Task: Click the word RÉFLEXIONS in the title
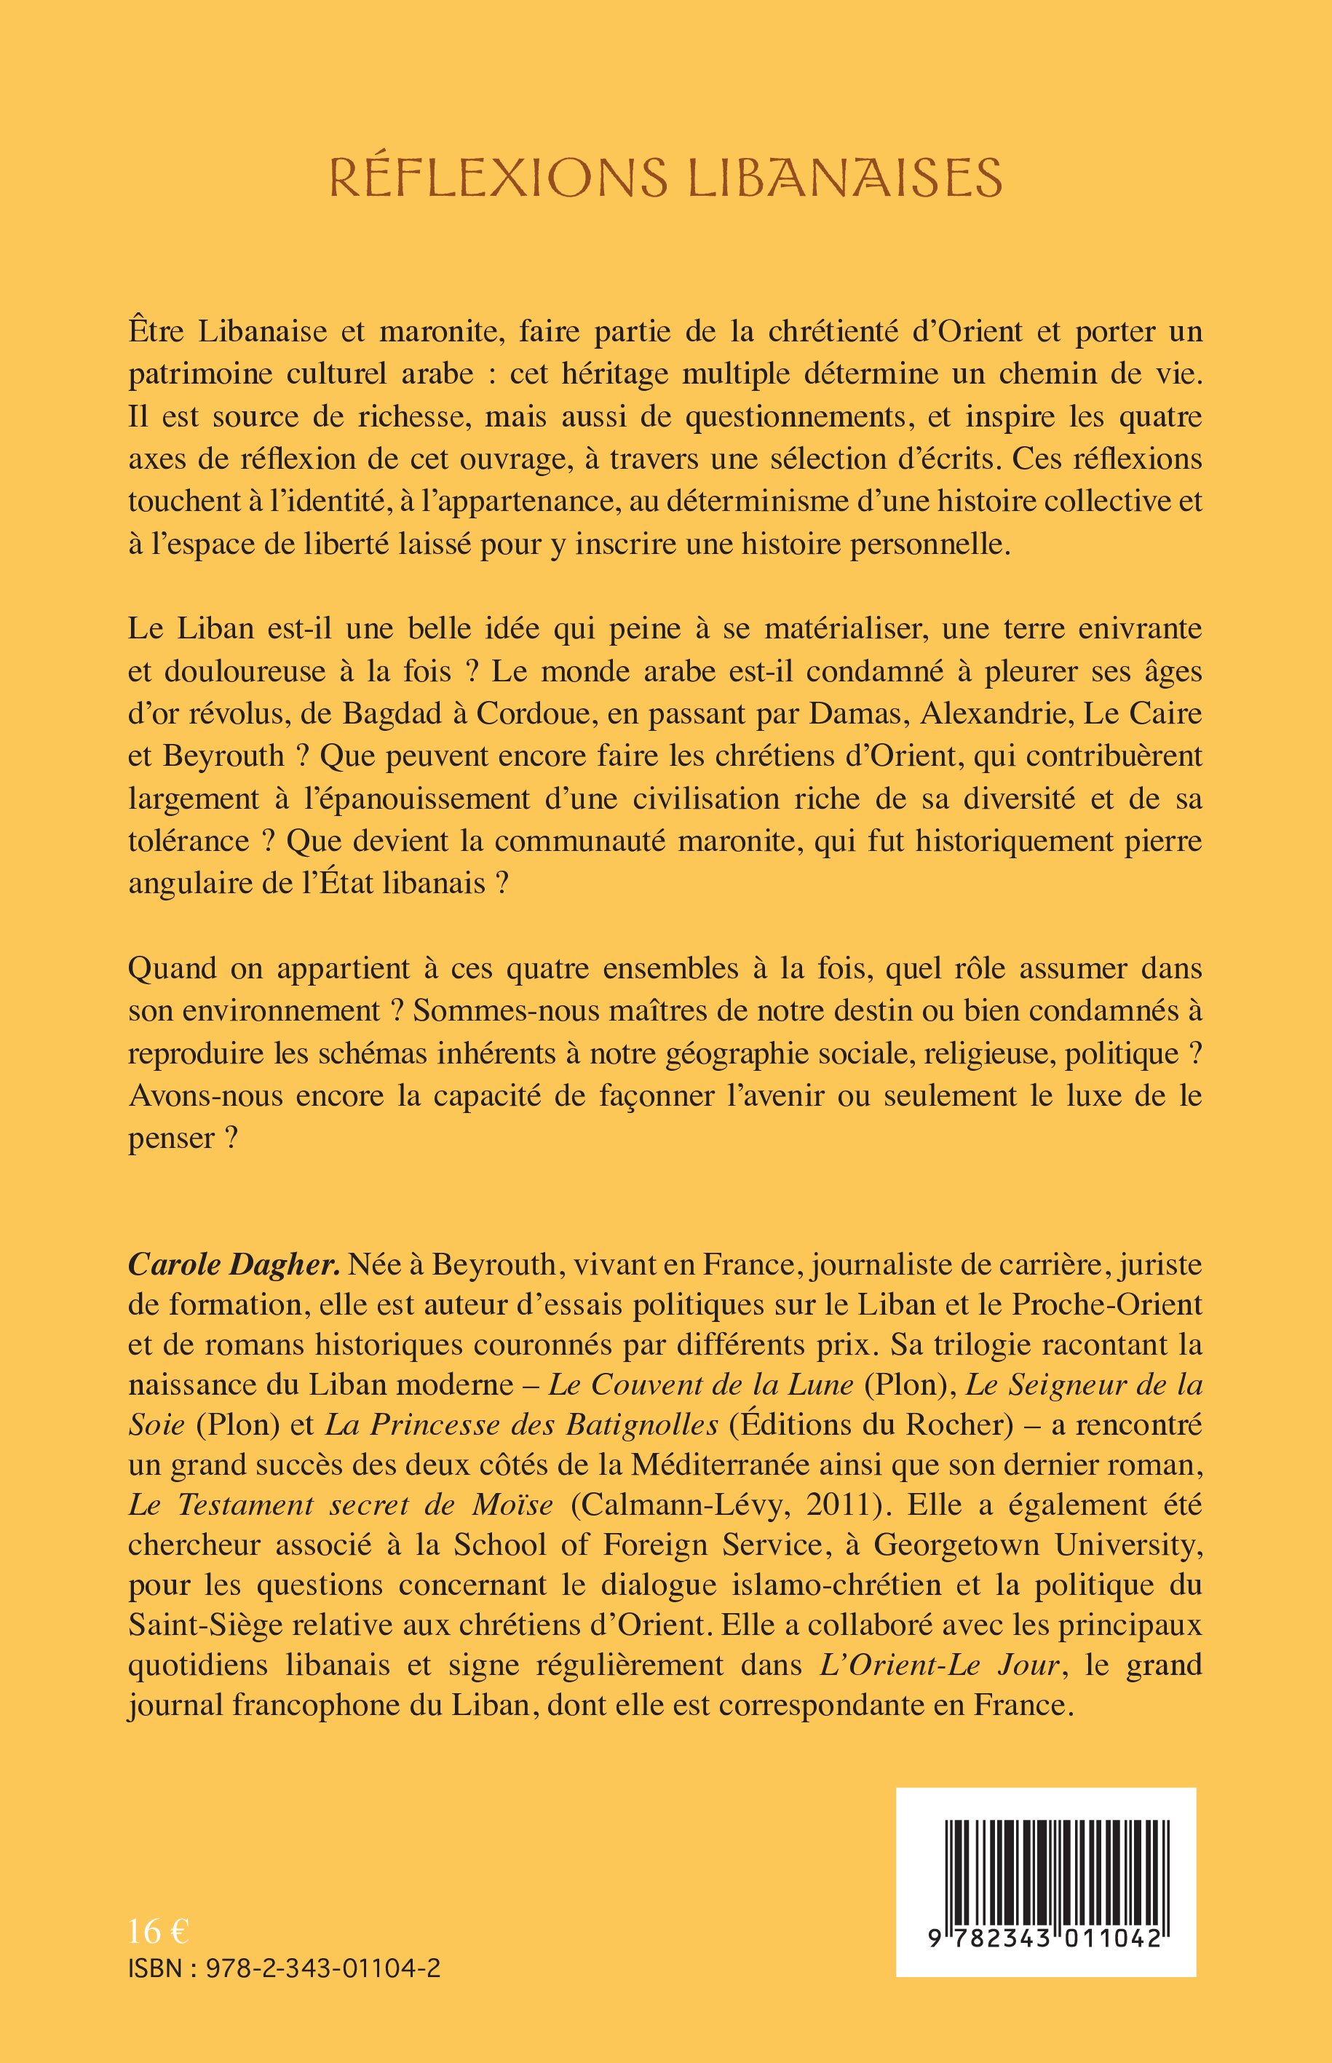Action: click(498, 178)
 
